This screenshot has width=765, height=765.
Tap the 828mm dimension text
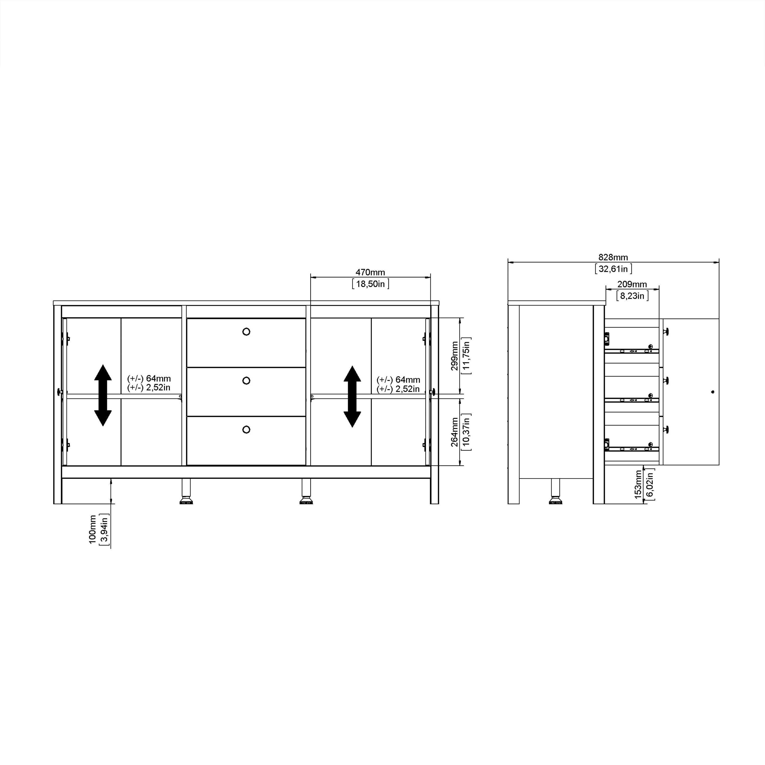613,257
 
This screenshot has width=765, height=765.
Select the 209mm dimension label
632,284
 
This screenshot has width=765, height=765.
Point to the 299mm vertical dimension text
455,356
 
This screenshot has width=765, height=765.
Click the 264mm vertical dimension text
455,432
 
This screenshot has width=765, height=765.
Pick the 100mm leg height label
93,529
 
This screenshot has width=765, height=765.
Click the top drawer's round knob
246,332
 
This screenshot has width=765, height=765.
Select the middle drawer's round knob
246,380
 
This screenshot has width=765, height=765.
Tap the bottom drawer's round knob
246,430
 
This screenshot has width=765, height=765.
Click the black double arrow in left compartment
103,395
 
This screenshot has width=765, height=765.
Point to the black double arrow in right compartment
352,396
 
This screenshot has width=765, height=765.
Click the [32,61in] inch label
613,269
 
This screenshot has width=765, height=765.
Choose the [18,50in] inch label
370,284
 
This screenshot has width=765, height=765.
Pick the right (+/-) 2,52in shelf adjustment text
398,389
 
